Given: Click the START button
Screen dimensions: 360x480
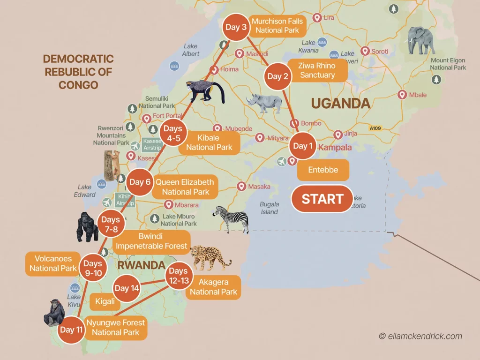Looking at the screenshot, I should pyautogui.click(x=322, y=199).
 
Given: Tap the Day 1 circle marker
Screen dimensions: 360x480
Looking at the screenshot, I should pyautogui.click(x=303, y=146).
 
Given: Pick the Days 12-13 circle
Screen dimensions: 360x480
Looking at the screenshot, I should pyautogui.click(x=178, y=276).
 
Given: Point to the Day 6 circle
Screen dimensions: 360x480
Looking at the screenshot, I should pyautogui.click(x=139, y=182).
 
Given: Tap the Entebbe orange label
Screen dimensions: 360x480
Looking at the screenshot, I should pyautogui.click(x=323, y=170).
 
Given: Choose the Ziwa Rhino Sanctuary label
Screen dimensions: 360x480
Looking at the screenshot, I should pyautogui.click(x=317, y=70).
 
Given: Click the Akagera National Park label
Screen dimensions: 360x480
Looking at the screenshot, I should pyautogui.click(x=214, y=287).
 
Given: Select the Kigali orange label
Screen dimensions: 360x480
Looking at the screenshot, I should pyautogui.click(x=105, y=301).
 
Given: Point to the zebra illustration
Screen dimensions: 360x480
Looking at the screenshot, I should pyautogui.click(x=232, y=218).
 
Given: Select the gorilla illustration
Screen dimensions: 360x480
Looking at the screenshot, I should pyautogui.click(x=88, y=227).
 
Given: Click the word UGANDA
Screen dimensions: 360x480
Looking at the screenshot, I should pyautogui.click(x=341, y=103).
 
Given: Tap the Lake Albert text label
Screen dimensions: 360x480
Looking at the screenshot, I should pyautogui.click(x=190, y=50).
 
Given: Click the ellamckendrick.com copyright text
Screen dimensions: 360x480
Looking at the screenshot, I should pyautogui.click(x=420, y=336).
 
